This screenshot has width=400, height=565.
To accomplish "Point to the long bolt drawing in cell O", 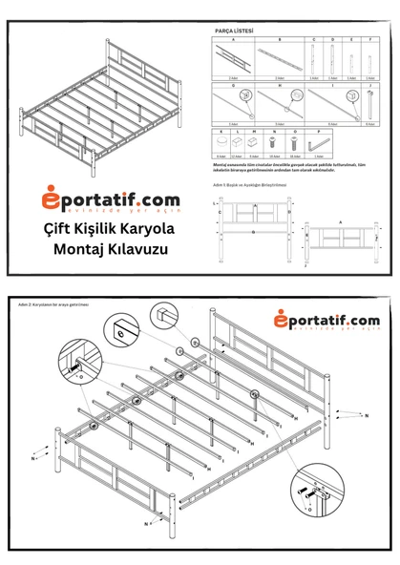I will (x=296, y=142).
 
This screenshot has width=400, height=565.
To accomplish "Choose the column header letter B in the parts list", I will (x=279, y=39).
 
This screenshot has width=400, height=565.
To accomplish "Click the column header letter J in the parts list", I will (x=368, y=84).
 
